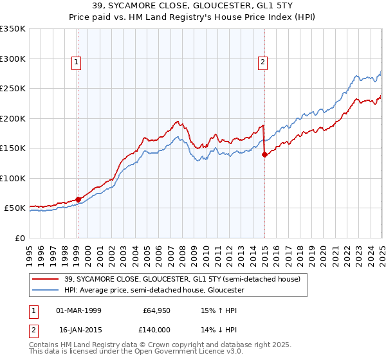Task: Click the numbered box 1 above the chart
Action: pyautogui.click(x=77, y=62)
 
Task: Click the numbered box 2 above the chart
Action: pyautogui.click(x=263, y=62)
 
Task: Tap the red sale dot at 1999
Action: pyautogui.click(x=78, y=199)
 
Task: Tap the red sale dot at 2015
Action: pyautogui.click(x=264, y=154)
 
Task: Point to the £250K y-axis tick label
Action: pyautogui.click(x=13, y=89)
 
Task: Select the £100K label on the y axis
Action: pyautogui.click(x=13, y=178)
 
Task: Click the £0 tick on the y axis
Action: pyautogui.click(x=19, y=238)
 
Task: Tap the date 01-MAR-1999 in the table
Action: pyautogui.click(x=78, y=310)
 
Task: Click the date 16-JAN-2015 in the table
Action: pyautogui.click(x=78, y=328)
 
